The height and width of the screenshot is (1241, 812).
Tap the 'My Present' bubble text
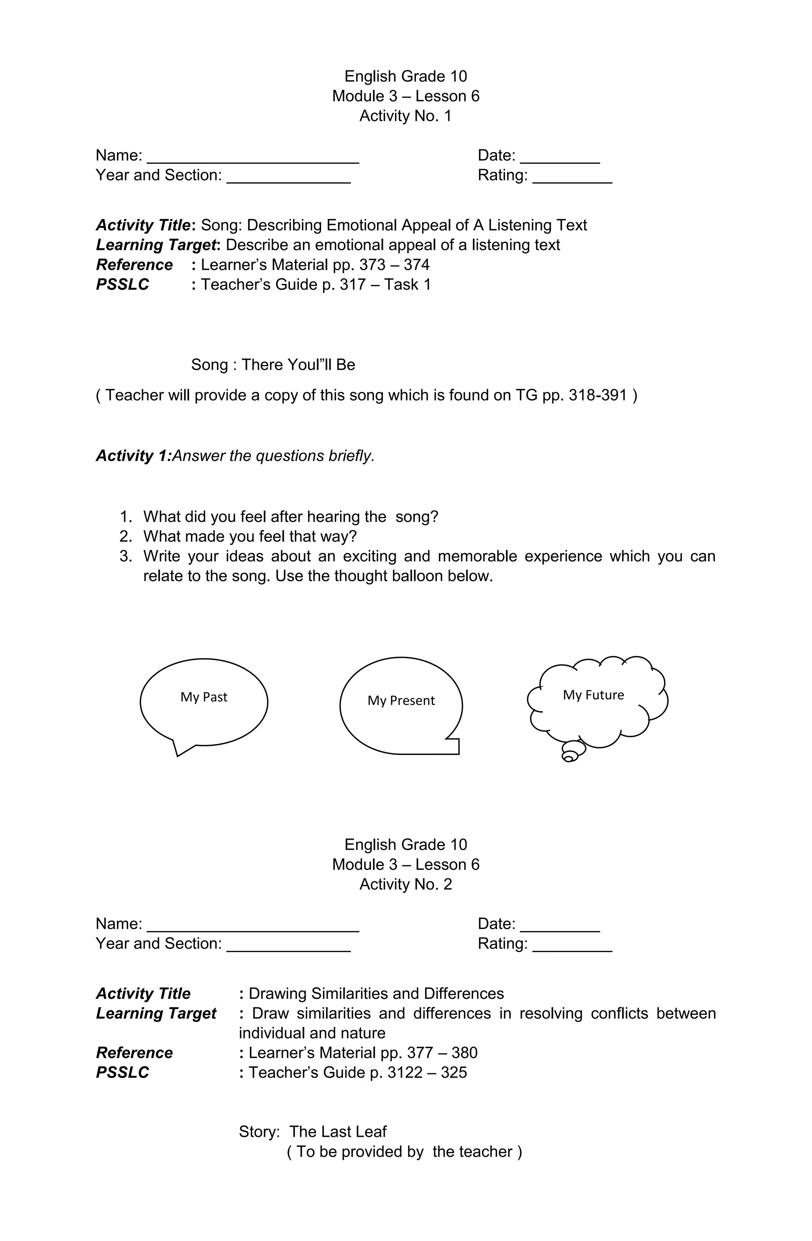point(401,700)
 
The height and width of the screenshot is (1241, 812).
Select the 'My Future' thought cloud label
point(594,695)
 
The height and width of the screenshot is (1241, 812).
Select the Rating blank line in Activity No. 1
point(572,180)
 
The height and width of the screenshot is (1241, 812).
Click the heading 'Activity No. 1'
point(406,116)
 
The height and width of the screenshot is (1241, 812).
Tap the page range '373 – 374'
point(394,265)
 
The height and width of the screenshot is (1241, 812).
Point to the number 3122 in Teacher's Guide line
point(405,1073)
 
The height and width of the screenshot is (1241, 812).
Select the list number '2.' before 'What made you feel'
point(126,536)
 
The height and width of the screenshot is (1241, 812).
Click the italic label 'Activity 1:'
point(134,456)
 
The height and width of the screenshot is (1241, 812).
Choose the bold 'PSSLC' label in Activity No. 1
point(123,285)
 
